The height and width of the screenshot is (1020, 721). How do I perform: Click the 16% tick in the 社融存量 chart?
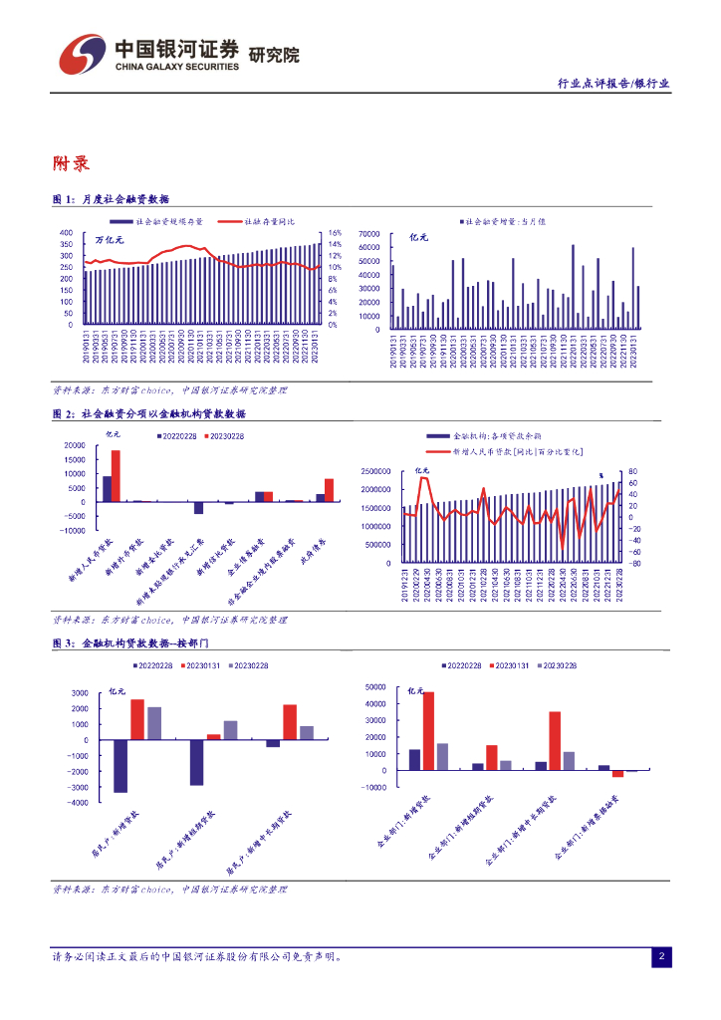[336, 233]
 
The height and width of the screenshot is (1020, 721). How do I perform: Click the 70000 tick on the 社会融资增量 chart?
[369, 233]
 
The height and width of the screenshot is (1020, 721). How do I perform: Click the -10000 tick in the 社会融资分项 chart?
[73, 531]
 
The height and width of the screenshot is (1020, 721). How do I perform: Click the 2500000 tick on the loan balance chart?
[374, 471]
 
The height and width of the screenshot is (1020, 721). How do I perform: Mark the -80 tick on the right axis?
[634, 563]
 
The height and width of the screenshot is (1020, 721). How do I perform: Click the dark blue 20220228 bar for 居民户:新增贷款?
[120, 766]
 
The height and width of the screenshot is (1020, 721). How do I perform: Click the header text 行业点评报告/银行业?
[612, 85]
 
